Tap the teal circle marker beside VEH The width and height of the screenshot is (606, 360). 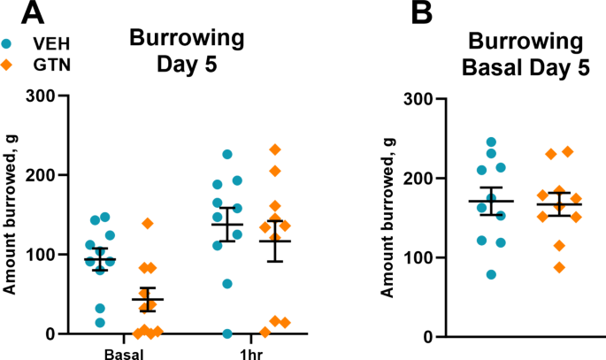8,42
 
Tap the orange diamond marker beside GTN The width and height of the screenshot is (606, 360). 8,64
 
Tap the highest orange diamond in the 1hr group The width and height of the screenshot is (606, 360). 275,149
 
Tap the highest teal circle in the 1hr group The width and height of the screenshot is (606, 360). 227,155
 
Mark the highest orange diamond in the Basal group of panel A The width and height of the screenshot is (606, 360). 147,224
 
